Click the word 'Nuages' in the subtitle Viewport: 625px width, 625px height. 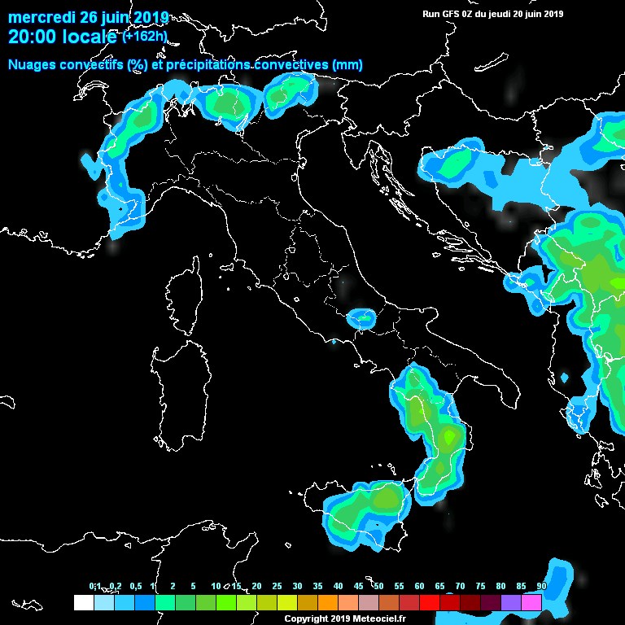coord(35,65)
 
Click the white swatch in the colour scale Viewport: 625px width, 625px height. coord(83,602)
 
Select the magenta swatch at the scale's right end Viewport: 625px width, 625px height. coord(531,602)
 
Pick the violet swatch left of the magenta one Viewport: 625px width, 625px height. coord(511,602)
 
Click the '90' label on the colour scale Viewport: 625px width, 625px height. coord(541,586)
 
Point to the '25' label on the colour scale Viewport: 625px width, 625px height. coord(277,586)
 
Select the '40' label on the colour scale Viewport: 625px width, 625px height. coord(338,586)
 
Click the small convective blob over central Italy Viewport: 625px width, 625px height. coord(360,317)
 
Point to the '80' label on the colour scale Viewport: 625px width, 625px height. coord(500,586)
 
